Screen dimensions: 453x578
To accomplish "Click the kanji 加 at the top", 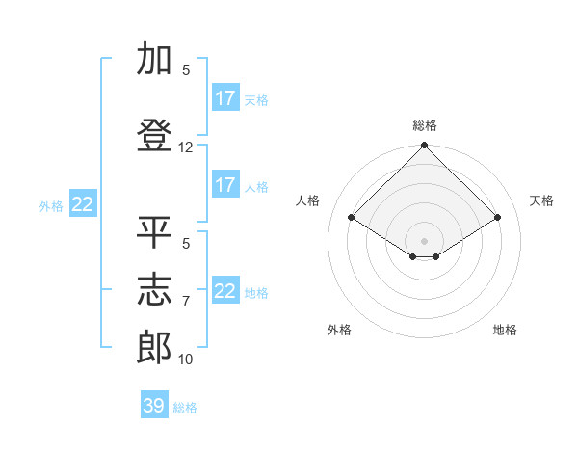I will [154, 60].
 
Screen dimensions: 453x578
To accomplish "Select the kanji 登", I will [154, 136].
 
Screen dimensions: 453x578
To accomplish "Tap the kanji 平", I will [154, 232].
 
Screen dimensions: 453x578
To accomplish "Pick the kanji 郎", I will [154, 347].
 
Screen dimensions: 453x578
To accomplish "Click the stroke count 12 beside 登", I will [186, 147].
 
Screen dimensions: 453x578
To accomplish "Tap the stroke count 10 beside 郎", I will [186, 360].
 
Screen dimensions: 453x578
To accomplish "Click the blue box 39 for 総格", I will [154, 406].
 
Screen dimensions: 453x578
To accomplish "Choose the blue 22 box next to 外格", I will [83, 204].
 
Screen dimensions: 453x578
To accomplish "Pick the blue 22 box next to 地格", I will [225, 291].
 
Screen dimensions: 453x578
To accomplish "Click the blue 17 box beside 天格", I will [225, 98].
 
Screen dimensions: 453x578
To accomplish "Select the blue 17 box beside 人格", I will [225, 185].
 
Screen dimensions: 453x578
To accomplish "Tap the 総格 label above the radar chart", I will [425, 126].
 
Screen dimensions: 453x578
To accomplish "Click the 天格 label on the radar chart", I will [542, 200].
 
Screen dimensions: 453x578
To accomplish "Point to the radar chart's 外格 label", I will [339, 330].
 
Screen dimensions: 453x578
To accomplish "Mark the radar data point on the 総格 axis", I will [424, 147].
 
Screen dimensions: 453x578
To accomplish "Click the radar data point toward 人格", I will [352, 218].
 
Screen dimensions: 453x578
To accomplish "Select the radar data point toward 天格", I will [498, 218].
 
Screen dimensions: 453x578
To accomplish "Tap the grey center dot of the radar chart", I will [424, 239].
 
